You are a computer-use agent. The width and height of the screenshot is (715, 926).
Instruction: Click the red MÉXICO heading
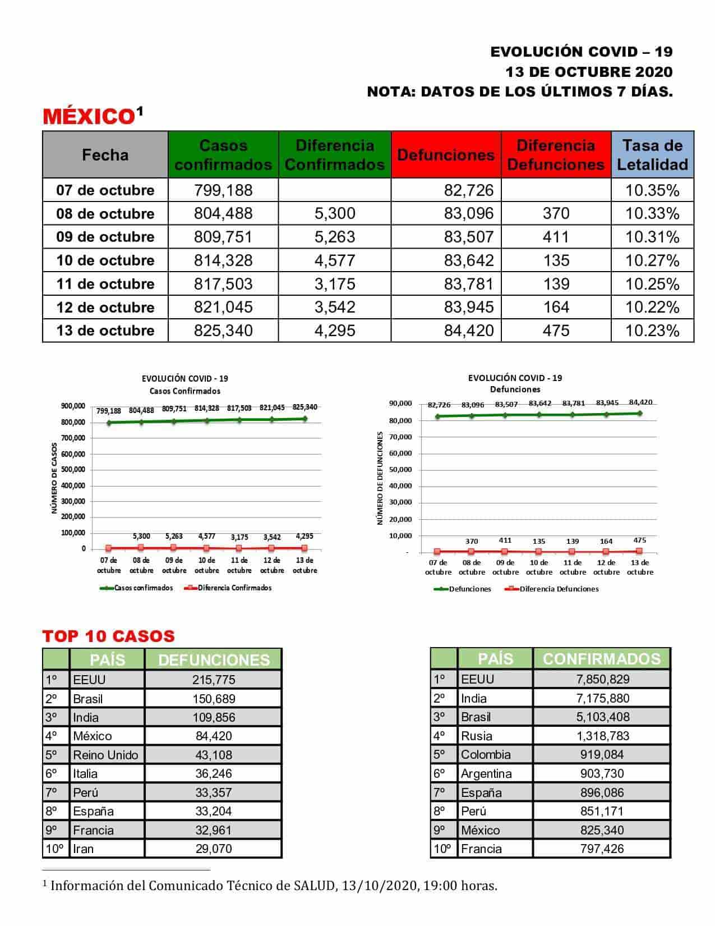point(89,116)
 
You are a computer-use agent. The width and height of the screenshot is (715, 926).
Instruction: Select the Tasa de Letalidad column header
point(652,155)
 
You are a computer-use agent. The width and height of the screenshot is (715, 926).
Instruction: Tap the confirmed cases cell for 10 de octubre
point(223,260)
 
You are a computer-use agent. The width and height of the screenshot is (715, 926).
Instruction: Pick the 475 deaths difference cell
point(556,331)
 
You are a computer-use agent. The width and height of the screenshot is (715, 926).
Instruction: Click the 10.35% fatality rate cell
point(652,190)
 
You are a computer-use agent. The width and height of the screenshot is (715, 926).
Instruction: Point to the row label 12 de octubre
point(105,308)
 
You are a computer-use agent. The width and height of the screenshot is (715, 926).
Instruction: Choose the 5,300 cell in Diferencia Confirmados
point(334,214)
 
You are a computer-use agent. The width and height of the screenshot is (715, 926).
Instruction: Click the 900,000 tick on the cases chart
point(73,406)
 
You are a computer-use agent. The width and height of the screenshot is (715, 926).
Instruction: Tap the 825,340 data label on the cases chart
point(305,407)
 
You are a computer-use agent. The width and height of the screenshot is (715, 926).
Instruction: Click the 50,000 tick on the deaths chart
point(400,469)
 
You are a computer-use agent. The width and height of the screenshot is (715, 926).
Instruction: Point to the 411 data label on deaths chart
point(505,540)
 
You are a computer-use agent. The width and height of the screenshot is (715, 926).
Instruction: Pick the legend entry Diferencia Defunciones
point(559,589)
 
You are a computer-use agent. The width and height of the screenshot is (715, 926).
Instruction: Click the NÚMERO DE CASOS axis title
point(54,478)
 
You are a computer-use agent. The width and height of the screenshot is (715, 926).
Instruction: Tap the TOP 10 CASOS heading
point(109,636)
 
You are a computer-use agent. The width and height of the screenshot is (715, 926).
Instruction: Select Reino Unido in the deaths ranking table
point(105,755)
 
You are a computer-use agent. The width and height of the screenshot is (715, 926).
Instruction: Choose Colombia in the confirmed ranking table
point(486,754)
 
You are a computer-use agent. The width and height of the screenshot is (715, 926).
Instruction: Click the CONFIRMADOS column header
point(601,658)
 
